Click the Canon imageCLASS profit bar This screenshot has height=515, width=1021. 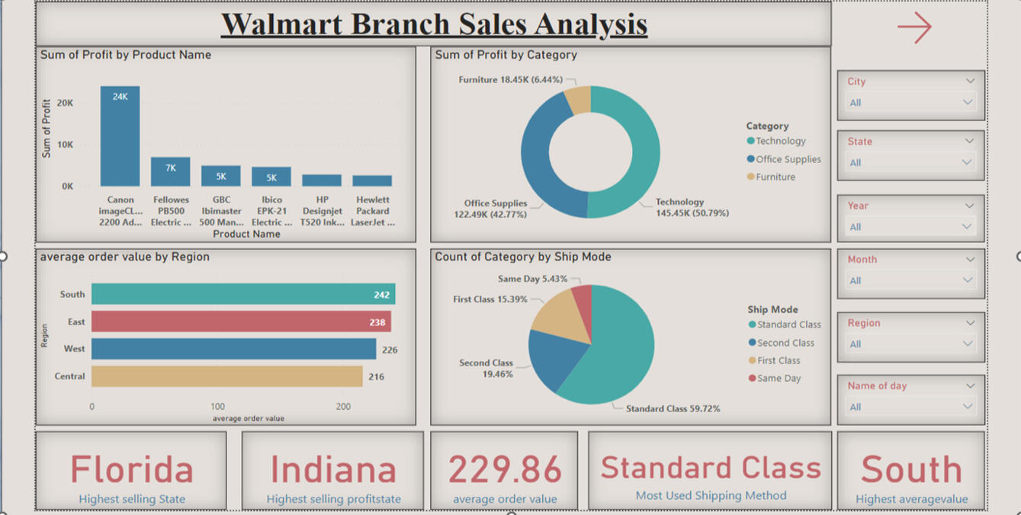click(120, 137)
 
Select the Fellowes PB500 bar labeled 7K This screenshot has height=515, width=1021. click(170, 172)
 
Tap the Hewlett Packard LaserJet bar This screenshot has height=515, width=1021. click(372, 181)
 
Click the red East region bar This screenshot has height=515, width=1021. click(241, 321)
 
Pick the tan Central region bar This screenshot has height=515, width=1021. click(226, 376)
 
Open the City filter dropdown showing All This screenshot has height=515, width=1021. click(910, 103)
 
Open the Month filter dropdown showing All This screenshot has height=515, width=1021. click(910, 280)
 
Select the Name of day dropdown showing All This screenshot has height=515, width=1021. click(910, 407)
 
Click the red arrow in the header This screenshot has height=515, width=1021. click(914, 27)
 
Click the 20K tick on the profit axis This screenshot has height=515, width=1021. click(66, 103)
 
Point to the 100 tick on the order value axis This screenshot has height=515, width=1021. click(217, 407)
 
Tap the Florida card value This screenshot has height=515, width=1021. click(132, 469)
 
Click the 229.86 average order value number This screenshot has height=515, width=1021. click(505, 469)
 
